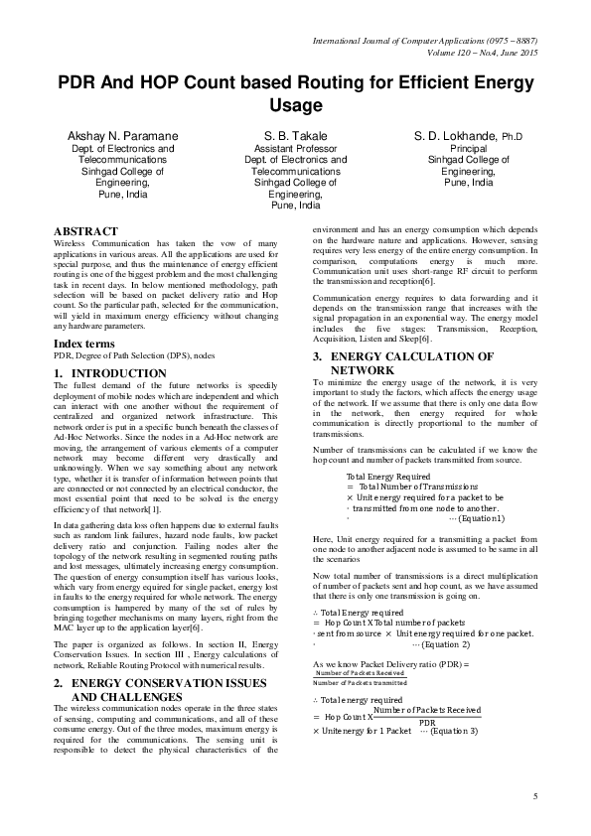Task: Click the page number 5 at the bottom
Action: [x=534, y=797]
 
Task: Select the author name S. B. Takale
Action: [x=296, y=134]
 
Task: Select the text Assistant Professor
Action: [x=295, y=147]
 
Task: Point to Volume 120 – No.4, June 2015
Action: [x=481, y=52]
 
